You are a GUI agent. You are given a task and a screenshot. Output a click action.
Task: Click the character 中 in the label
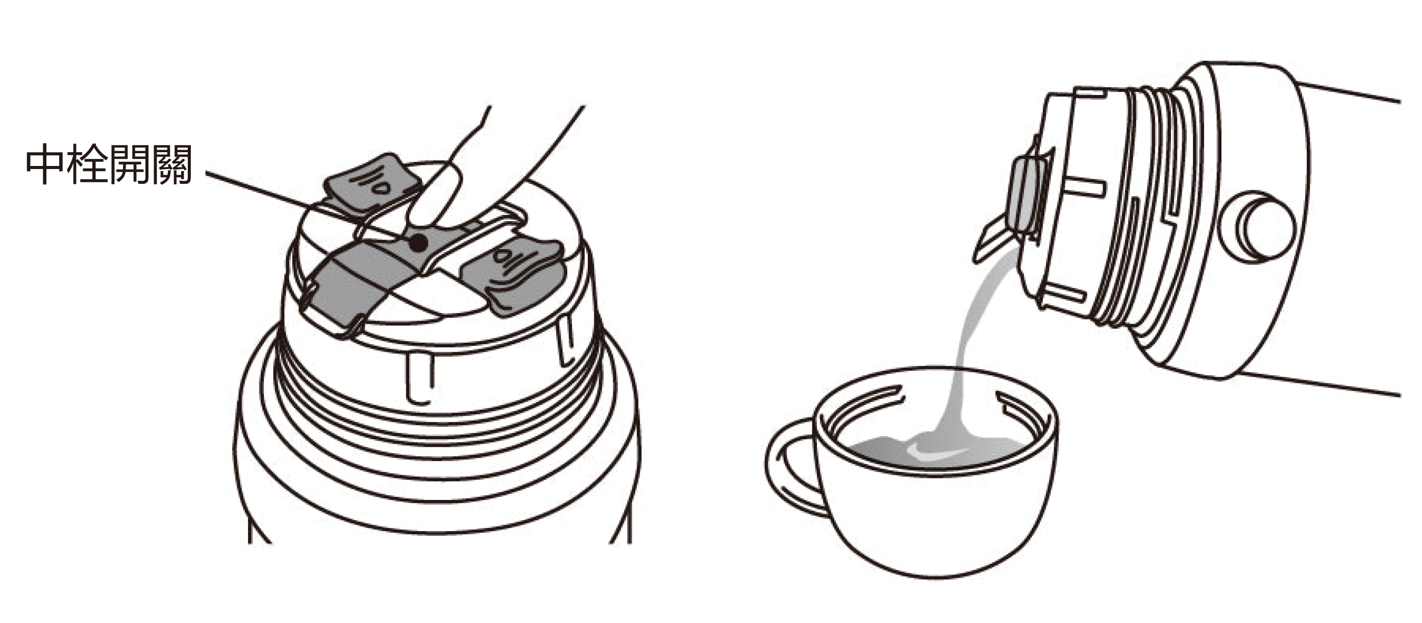click(46, 164)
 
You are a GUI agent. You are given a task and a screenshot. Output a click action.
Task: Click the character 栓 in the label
click(87, 164)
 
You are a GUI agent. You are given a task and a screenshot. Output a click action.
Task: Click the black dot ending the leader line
click(418, 240)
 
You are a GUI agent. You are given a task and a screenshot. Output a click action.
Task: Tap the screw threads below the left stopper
click(436, 425)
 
